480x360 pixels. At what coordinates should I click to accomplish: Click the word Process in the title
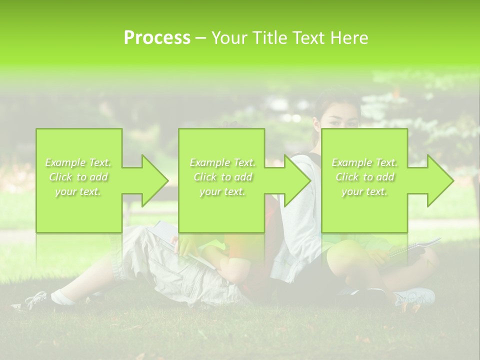coord(157,38)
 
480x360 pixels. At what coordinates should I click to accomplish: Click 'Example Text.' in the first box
coord(78,162)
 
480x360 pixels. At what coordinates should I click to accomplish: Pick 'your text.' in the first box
coord(78,192)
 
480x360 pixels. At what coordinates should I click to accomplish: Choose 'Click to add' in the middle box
coord(222,177)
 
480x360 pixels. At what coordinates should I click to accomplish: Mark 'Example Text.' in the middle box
coord(222,162)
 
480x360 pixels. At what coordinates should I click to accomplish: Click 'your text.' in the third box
coord(364,192)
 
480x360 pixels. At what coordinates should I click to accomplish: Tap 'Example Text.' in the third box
coord(364,162)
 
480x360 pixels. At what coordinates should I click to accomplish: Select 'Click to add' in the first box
coord(78,177)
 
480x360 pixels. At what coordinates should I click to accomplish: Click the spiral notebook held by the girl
coord(413,247)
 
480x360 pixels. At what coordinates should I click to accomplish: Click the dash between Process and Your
coord(200,38)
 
